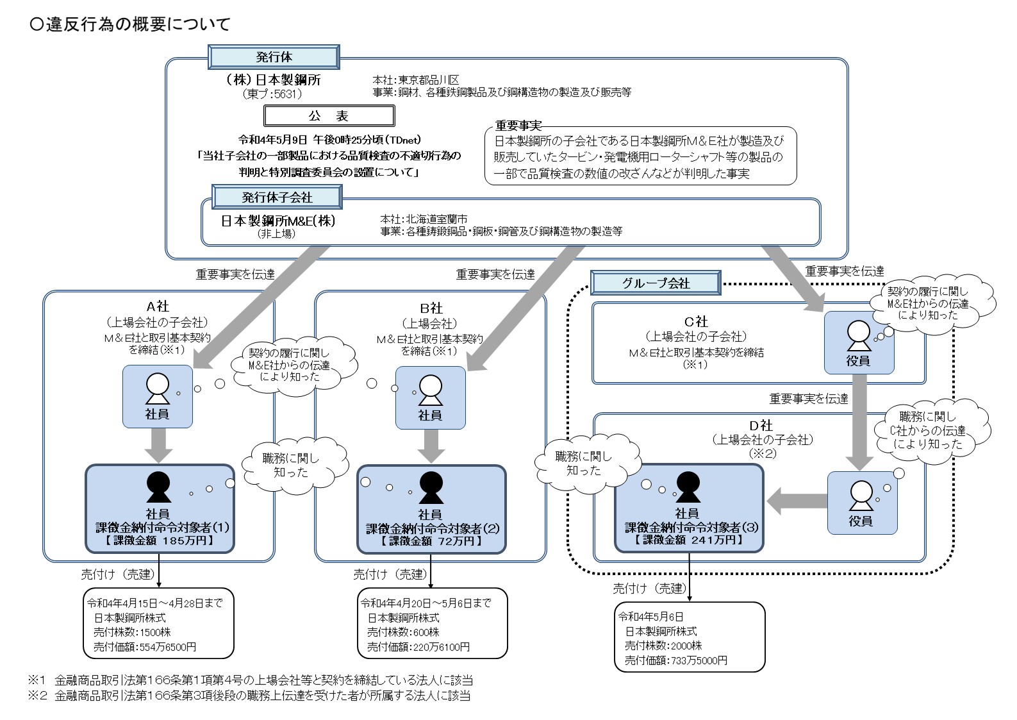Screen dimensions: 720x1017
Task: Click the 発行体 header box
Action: pos(274,57)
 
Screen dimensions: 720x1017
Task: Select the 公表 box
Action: pos(329,116)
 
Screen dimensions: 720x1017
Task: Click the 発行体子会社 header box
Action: pos(277,197)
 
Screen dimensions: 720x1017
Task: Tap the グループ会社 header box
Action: pos(656,283)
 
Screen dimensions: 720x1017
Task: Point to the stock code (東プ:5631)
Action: pos(272,94)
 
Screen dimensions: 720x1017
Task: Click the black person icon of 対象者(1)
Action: pos(158,487)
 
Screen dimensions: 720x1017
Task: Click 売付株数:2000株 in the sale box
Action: pos(663,646)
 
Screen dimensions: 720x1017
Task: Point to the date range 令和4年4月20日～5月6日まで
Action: pos(426,603)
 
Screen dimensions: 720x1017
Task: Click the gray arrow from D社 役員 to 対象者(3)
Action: pos(797,500)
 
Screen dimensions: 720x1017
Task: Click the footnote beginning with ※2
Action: pos(249,696)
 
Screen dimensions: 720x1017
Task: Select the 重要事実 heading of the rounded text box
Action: pos(518,126)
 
